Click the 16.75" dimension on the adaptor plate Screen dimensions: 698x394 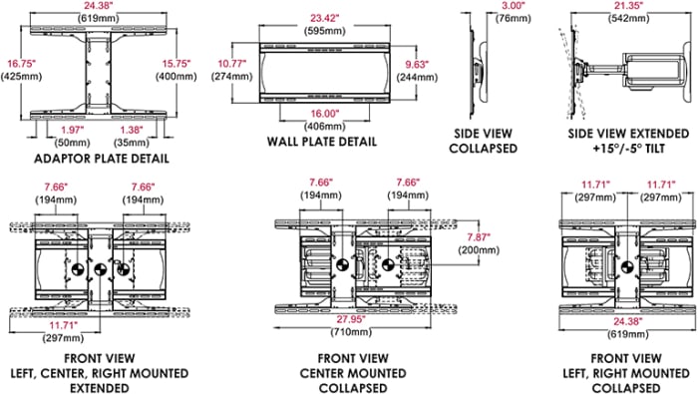21,64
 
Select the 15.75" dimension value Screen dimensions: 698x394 176,64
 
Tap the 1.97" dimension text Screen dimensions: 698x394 72,130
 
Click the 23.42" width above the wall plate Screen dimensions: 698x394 325,18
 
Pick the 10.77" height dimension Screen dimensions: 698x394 231,64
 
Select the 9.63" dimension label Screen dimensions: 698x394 417,64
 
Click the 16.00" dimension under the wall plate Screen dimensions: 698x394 325,114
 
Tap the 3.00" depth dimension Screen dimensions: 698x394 514,6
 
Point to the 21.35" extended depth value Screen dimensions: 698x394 628,6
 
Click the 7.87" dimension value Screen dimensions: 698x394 479,236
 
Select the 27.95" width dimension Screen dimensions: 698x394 351,319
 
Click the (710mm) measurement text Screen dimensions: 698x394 351,332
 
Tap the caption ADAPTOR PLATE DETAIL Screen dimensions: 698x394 102,159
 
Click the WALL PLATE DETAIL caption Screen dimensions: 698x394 322,142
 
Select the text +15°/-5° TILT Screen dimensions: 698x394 628,149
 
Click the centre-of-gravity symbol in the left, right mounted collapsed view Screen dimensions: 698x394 627,267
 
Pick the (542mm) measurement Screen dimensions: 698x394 628,18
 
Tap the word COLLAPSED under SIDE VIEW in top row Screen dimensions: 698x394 483,149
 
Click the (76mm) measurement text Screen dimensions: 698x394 514,18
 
